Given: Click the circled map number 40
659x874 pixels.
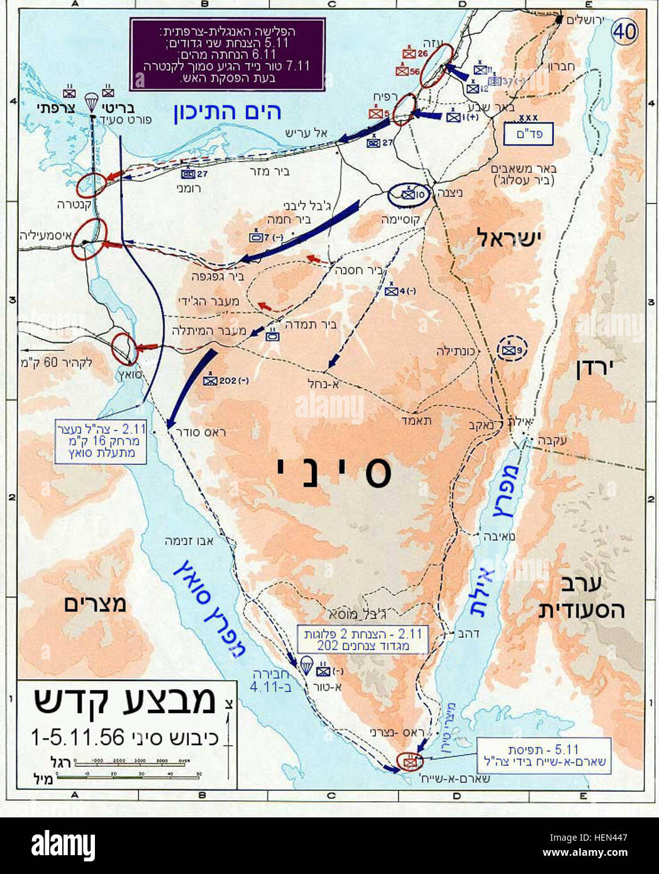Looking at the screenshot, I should coord(624,31).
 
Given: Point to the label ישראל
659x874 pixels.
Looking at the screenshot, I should coord(510,238).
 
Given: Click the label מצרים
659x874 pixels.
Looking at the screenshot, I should coord(95,604).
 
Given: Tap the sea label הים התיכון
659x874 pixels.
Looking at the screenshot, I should coord(228,112).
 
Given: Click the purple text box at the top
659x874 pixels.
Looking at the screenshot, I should coord(227,53).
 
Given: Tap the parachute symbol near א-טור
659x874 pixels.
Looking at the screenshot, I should coord(306,664).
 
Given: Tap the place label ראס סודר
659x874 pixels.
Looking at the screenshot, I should coord(202,432).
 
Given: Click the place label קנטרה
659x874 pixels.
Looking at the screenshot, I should coord(61,204).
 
